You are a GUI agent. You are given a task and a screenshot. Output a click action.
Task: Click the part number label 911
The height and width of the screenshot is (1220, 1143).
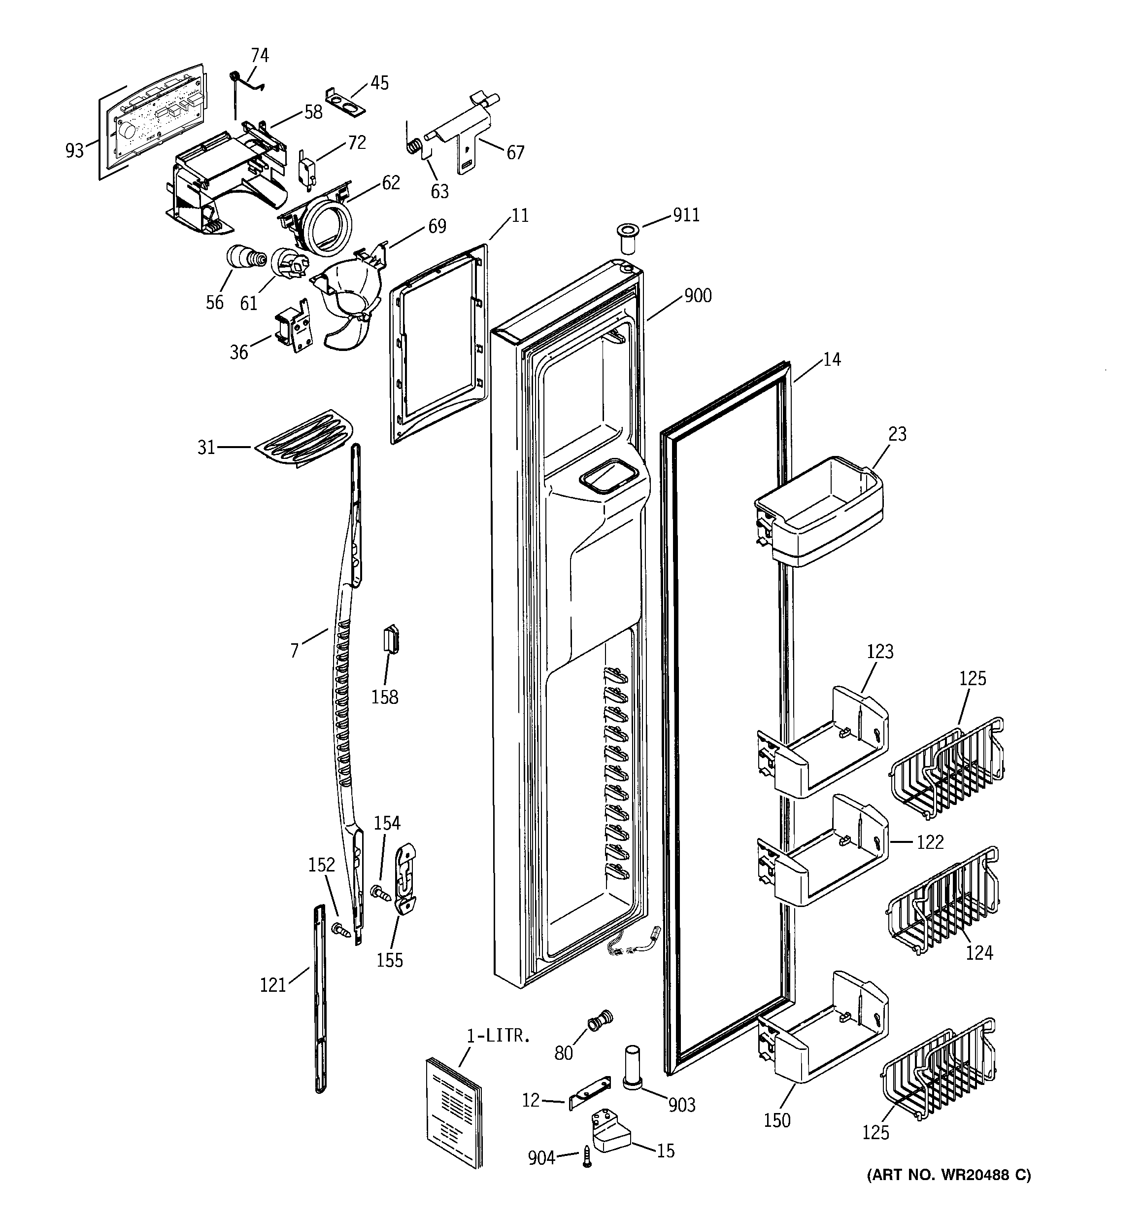coord(686,215)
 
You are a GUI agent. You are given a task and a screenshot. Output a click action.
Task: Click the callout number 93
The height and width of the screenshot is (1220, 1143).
coord(74,150)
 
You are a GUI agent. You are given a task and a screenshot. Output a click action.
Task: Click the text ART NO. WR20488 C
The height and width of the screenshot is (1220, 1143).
coord(948,1175)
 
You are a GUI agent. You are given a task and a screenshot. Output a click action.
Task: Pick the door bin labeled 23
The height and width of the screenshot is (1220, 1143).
coord(819,514)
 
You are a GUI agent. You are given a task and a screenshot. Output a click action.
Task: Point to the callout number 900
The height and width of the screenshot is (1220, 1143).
coord(698,296)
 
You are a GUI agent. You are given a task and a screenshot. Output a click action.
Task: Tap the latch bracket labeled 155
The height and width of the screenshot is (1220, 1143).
coord(405,879)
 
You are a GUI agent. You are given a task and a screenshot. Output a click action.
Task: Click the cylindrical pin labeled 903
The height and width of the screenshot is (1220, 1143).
coord(633,1067)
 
